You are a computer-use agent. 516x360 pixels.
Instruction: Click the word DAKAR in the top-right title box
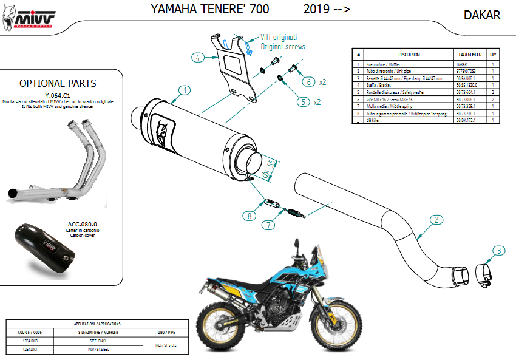point(482,15)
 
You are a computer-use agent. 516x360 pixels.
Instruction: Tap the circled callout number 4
point(197,58)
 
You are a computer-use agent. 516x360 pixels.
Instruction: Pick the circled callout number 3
point(497,250)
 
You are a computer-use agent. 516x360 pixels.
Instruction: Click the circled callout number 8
point(248,215)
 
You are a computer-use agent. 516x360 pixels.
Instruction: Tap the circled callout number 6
point(308,81)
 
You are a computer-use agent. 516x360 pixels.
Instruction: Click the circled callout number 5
point(302,102)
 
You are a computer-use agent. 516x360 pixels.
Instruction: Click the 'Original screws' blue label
point(283,47)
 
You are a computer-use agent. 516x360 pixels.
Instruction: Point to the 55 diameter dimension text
point(272,165)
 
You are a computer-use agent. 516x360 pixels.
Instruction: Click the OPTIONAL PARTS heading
point(58,83)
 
